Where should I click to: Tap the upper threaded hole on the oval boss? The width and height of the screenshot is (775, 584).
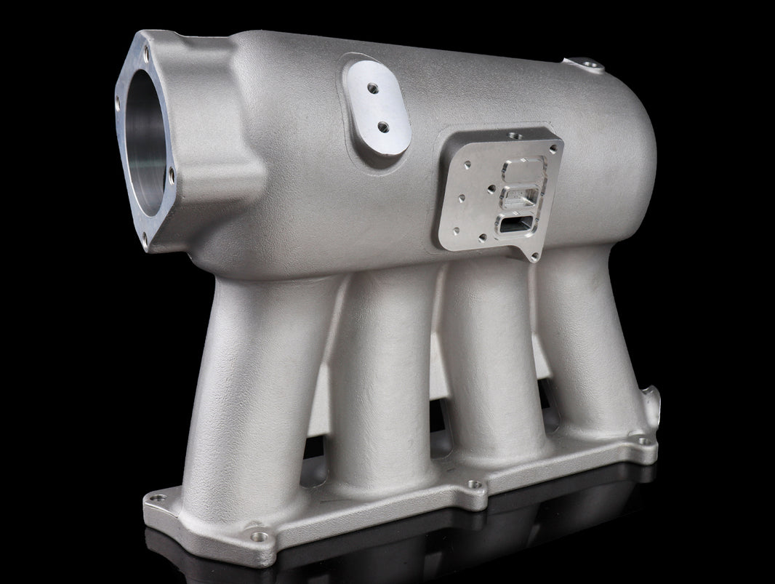coord(372,88)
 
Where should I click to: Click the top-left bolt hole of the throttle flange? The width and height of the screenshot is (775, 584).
coord(145,50)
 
